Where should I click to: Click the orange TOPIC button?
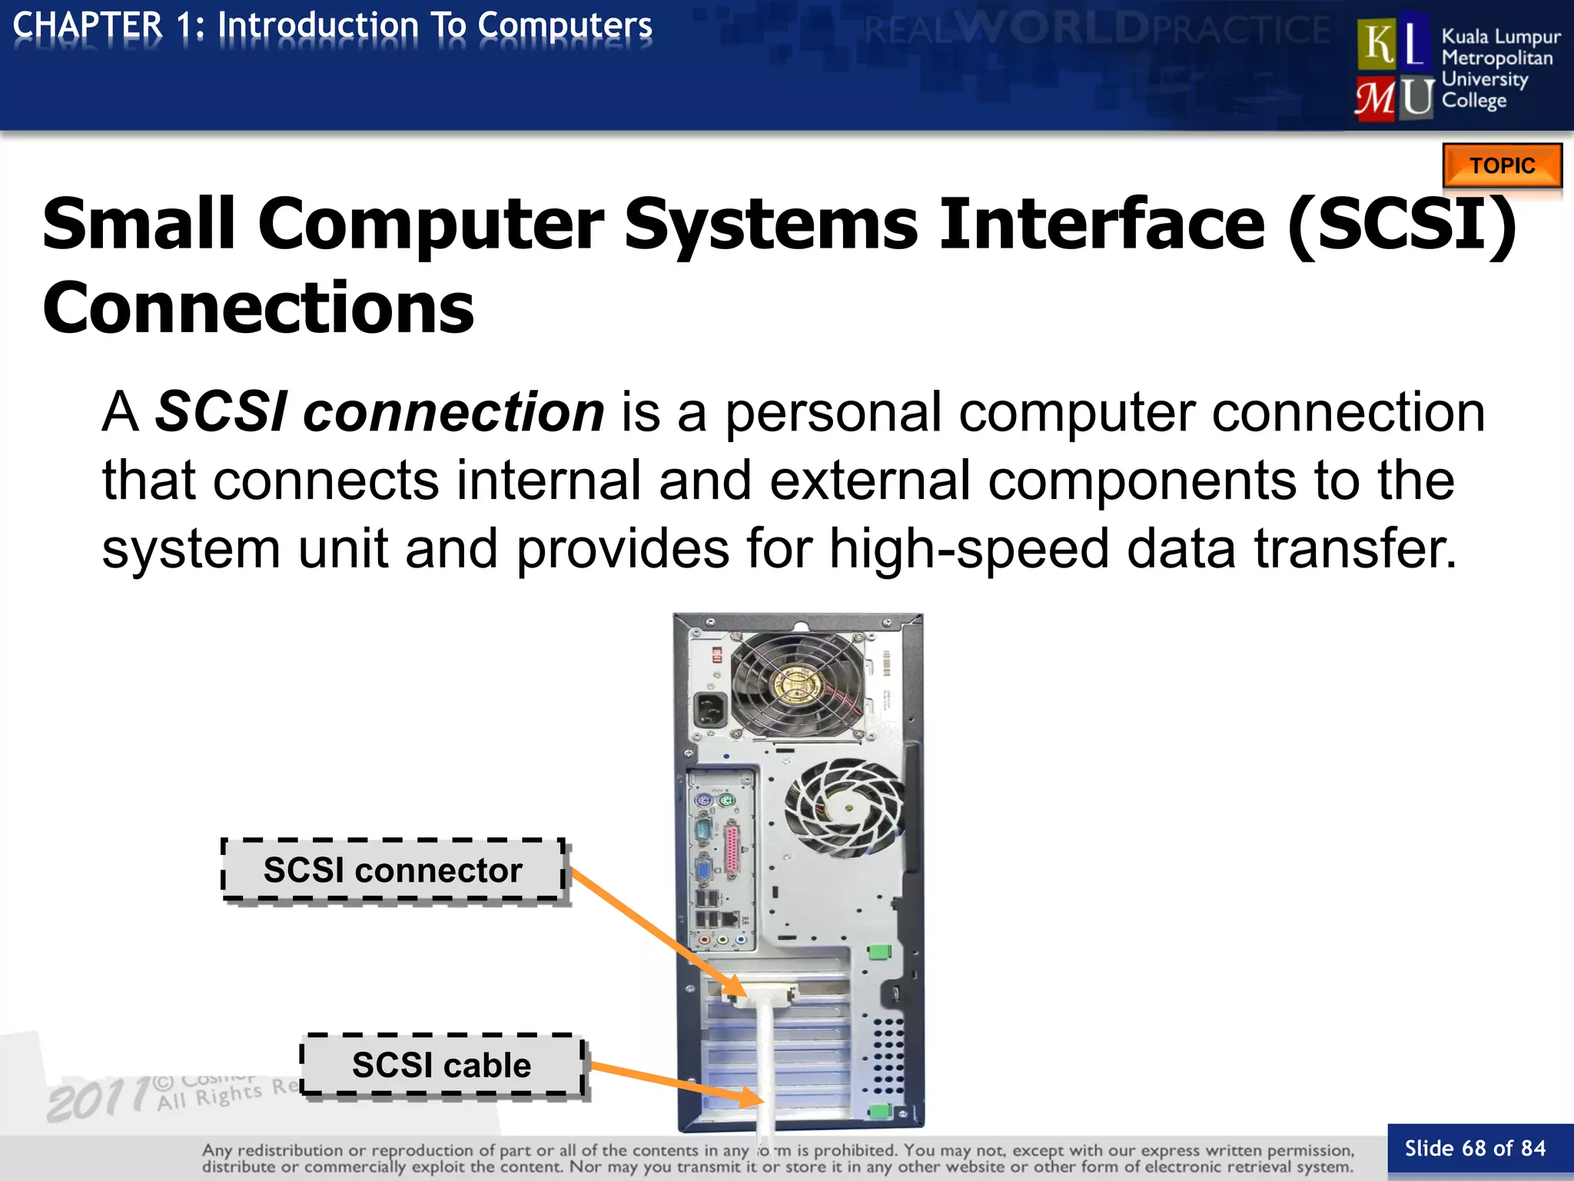pos(1502,165)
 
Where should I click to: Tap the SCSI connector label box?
pos(393,870)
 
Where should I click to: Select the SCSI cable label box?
pos(441,1065)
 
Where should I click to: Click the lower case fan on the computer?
pos(843,807)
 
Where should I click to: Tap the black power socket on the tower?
pos(711,710)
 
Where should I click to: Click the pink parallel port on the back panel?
pos(732,850)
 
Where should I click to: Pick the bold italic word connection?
pos(453,412)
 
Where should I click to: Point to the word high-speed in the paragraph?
pos(968,549)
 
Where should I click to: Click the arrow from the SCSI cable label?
pos(676,1083)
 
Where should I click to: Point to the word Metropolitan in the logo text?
pos(1496,58)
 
